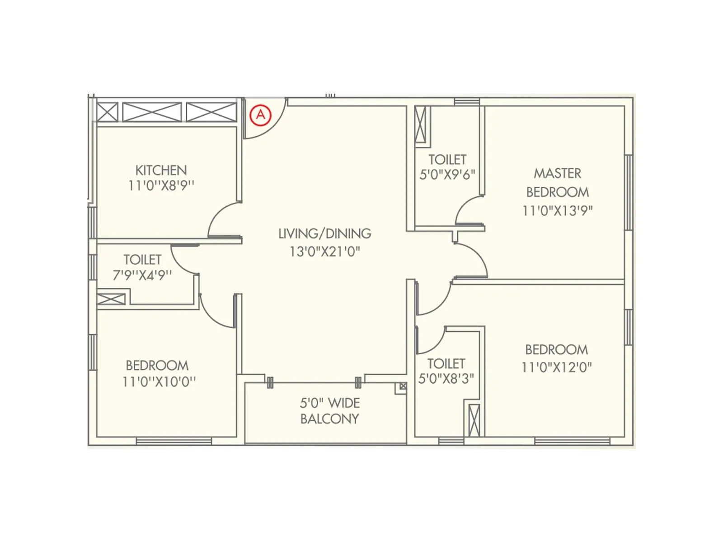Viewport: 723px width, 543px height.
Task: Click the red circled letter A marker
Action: (x=260, y=115)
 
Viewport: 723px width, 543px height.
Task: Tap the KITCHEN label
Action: (x=161, y=170)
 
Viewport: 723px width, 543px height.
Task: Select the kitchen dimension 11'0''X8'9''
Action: (x=161, y=186)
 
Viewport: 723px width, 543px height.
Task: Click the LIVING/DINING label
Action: (x=324, y=233)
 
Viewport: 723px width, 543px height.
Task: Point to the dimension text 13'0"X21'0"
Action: (x=324, y=251)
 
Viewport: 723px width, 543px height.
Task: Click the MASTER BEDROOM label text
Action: (x=557, y=182)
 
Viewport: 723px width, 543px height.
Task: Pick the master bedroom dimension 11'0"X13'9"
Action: (x=557, y=210)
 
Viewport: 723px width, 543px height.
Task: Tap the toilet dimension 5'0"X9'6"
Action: (x=447, y=175)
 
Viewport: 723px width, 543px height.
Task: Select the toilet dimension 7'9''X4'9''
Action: (x=142, y=275)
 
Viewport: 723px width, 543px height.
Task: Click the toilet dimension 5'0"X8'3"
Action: (x=446, y=378)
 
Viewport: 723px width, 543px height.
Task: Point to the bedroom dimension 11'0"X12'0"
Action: (x=556, y=367)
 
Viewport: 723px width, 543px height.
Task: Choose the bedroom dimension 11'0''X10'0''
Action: (x=159, y=381)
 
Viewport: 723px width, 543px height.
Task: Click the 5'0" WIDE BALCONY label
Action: (x=329, y=410)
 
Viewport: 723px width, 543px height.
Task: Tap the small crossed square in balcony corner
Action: (x=403, y=386)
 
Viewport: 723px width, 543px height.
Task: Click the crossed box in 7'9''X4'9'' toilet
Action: (x=111, y=299)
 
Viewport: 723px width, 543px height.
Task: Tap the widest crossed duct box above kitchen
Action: (x=152, y=112)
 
